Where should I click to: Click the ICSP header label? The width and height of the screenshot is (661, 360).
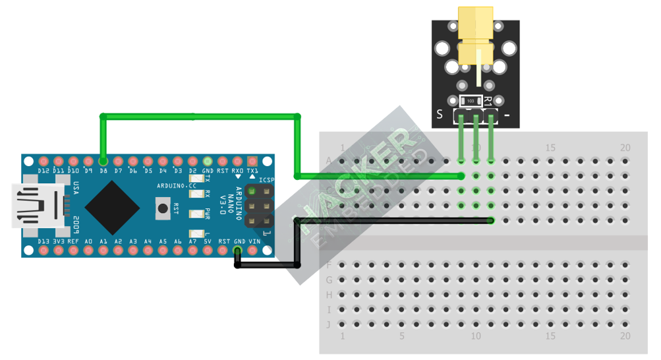266,179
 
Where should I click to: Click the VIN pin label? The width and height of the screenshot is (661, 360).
254,242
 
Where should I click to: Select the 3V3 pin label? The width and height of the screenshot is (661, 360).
59,242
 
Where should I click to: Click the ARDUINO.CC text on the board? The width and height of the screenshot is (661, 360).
177,186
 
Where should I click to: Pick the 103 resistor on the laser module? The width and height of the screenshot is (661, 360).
470,101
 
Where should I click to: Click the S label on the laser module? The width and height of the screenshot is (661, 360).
440,114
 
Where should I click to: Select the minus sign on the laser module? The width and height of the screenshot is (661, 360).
507,115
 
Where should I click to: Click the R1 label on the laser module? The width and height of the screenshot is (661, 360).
488,101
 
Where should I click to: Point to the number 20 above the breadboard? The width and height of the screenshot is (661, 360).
625,147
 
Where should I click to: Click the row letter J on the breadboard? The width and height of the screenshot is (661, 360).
328,324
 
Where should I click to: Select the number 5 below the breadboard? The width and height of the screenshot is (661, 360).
401,336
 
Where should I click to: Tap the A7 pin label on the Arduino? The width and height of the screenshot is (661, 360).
192,242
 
